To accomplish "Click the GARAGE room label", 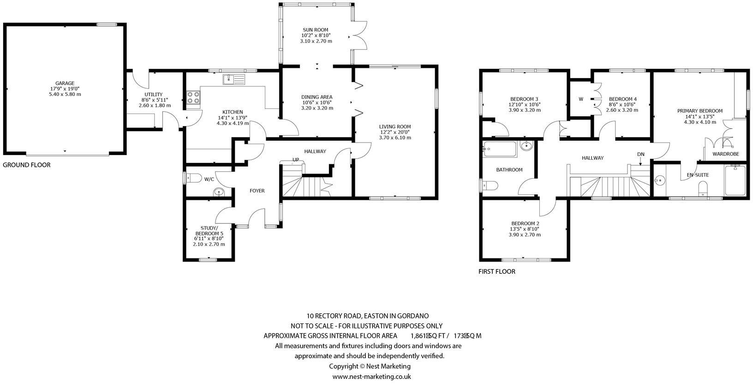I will tap(65, 84).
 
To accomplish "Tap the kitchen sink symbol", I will tap(234, 80).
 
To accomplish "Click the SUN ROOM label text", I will tap(316, 30).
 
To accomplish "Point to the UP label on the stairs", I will tap(296, 160).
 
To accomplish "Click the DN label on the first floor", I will tap(640, 154).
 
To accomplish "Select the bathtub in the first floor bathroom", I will tap(499, 150).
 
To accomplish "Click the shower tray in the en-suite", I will tap(735, 180).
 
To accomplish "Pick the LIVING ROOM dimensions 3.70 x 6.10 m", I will tap(395, 138).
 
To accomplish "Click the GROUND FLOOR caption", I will tap(26, 165).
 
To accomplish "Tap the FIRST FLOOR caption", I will tap(496, 271).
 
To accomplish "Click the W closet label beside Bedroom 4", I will tap(581, 99).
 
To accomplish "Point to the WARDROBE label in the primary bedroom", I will tap(725, 154).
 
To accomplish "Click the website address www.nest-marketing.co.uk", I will tap(372, 377).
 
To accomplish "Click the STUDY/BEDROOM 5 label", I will tap(212, 231).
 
